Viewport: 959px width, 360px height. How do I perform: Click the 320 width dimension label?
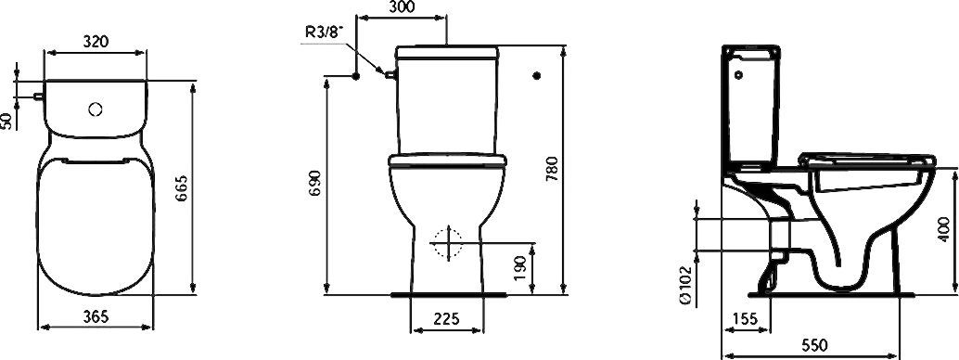[x=96, y=41]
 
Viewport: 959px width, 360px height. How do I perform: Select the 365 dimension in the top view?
[x=96, y=316]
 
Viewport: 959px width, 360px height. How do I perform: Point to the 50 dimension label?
[x=7, y=121]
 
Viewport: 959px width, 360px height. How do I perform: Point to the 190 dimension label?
[x=520, y=268]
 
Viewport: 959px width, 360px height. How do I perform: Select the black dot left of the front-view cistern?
[x=355, y=75]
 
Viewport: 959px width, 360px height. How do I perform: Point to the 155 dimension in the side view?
[x=744, y=318]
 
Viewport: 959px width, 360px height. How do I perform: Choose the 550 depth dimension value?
[x=814, y=345]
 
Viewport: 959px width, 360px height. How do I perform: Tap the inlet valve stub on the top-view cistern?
[x=36, y=94]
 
